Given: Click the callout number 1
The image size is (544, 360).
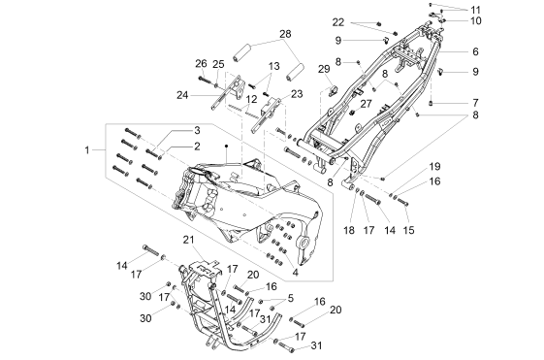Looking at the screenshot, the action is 87,150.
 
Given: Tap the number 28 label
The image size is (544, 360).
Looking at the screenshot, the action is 285,34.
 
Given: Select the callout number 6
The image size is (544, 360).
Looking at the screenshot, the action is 475,51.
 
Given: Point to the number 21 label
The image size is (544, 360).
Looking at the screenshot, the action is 189,240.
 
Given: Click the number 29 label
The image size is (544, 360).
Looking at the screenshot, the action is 324,69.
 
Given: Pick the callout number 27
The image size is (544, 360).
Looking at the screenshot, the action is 366,104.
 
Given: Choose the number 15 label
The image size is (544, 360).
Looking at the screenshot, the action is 409,230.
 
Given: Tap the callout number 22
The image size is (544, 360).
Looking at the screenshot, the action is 338,22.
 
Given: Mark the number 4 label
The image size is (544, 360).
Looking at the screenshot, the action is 295,273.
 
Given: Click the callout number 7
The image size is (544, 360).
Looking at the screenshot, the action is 475,103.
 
